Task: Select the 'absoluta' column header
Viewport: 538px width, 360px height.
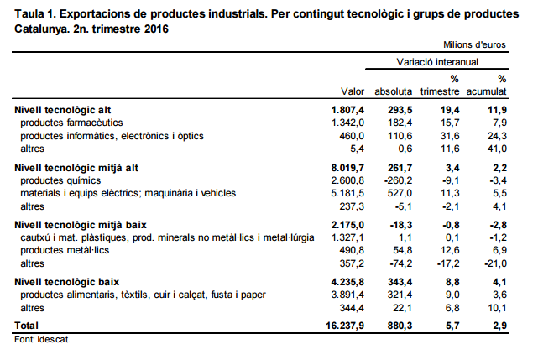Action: pos(394,91)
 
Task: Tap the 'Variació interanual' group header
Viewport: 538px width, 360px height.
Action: pos(437,62)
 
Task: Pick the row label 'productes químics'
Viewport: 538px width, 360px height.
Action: pos(60,180)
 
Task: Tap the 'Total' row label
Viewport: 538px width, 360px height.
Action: pos(28,324)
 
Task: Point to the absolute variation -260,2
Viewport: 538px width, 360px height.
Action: pos(395,180)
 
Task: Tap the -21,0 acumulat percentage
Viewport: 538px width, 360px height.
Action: pos(494,263)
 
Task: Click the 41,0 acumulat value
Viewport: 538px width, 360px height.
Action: pos(496,148)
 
